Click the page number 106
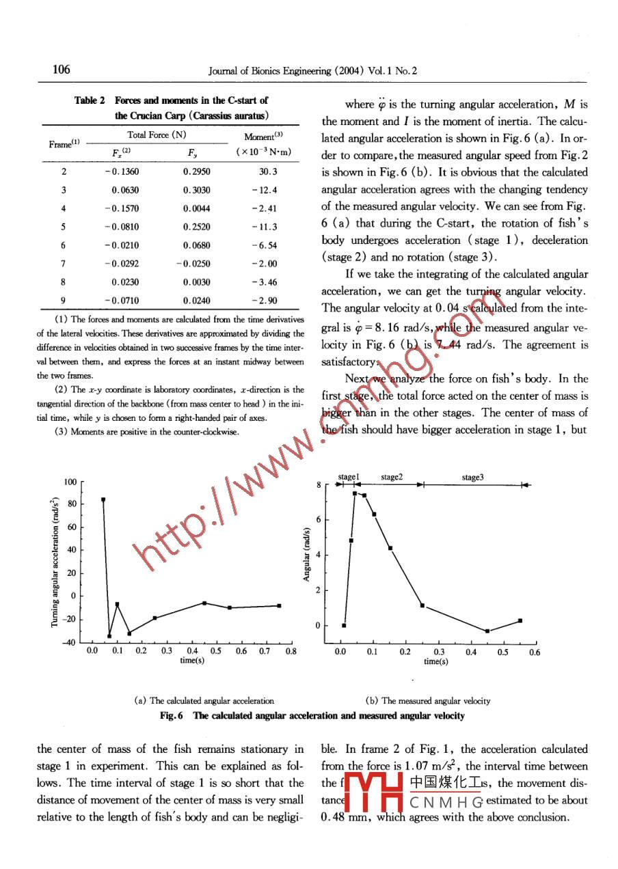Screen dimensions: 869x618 tap(61, 70)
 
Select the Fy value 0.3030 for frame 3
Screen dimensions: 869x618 tap(197, 190)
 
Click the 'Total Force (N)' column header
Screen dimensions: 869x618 tap(157, 135)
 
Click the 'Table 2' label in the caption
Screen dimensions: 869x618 tap(90, 100)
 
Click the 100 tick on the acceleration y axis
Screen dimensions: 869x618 tap(70, 482)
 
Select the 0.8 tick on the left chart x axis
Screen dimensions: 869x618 tap(291, 651)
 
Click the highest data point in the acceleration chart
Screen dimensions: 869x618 tap(103, 499)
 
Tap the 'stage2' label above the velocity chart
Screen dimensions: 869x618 tap(392, 478)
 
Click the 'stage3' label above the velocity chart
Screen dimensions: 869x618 tap(472, 478)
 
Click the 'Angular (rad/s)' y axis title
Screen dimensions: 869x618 tap(308, 554)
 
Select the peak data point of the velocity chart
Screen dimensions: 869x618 tap(355, 493)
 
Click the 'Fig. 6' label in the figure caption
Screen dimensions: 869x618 tap(172, 715)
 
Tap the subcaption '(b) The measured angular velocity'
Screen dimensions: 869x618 tap(428, 700)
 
